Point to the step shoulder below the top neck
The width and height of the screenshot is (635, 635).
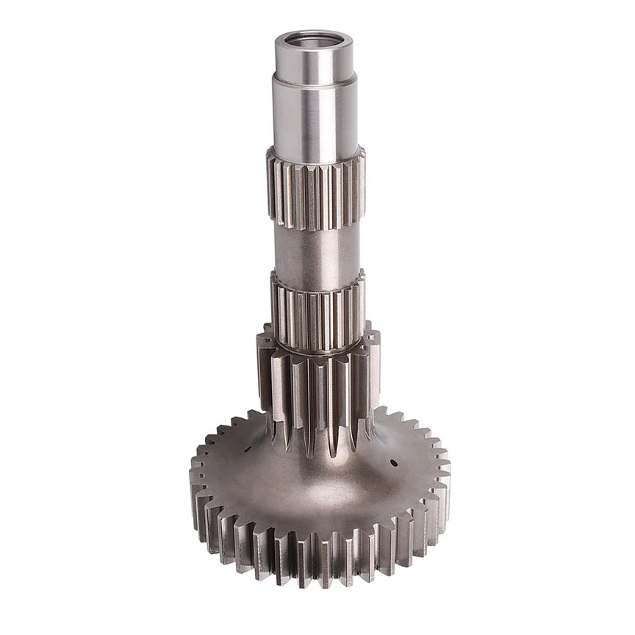tap(315, 81)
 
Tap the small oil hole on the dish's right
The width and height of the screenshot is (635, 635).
tap(394, 463)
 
